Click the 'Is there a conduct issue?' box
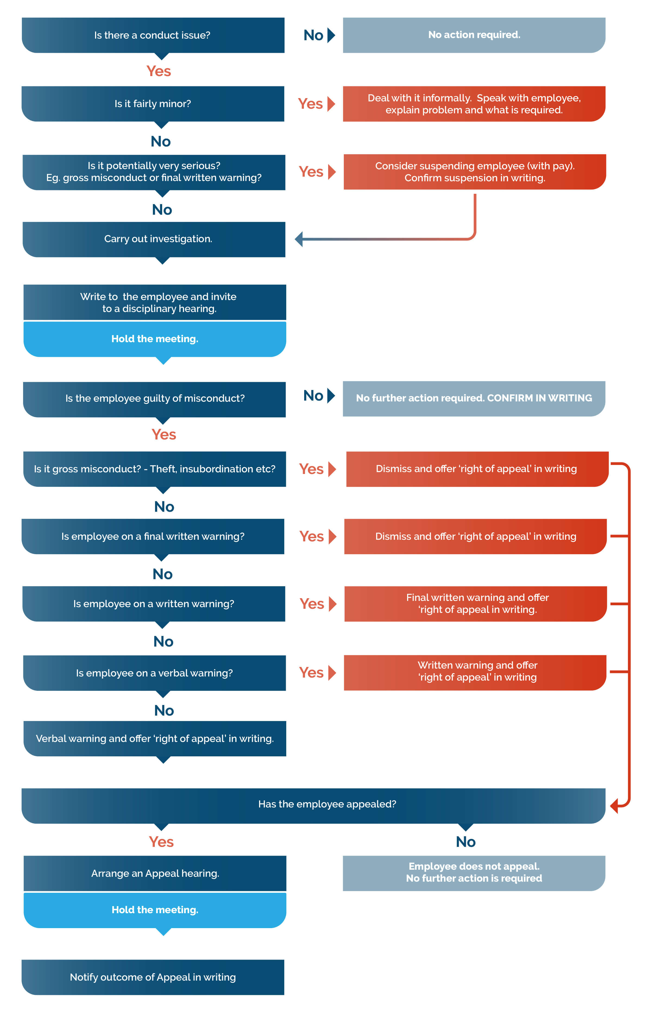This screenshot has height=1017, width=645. pyautogui.click(x=153, y=35)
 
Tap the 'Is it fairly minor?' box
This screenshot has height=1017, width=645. pyautogui.click(x=153, y=104)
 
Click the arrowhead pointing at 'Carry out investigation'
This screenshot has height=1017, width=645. pyautogui.click(x=299, y=239)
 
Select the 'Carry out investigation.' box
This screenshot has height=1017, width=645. pyautogui.click(x=154, y=239)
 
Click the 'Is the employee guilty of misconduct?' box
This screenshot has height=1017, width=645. pyautogui.click(x=155, y=399)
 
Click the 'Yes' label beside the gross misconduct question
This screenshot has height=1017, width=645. pyautogui.click(x=311, y=469)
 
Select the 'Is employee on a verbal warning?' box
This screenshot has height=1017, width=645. pyautogui.click(x=155, y=673)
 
